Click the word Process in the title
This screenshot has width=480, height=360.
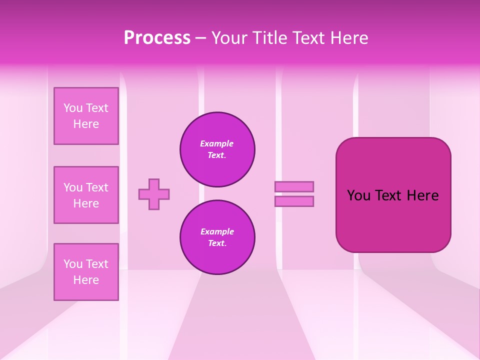pos(157,38)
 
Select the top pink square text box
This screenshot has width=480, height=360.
pos(86,116)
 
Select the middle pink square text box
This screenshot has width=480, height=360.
pos(86,195)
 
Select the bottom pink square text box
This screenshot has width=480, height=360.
pos(86,272)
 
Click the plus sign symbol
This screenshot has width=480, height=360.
pos(154,194)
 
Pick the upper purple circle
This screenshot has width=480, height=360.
pos(217,149)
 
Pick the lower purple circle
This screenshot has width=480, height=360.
pos(217,237)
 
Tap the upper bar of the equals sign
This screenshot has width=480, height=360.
pos(294,186)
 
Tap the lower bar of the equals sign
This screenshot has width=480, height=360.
pos(294,201)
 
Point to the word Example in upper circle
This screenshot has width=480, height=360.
pos(217,143)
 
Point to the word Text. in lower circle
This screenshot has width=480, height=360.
pos(217,243)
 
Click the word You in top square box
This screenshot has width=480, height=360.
pos(73,108)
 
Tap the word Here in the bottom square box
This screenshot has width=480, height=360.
pos(86,280)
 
